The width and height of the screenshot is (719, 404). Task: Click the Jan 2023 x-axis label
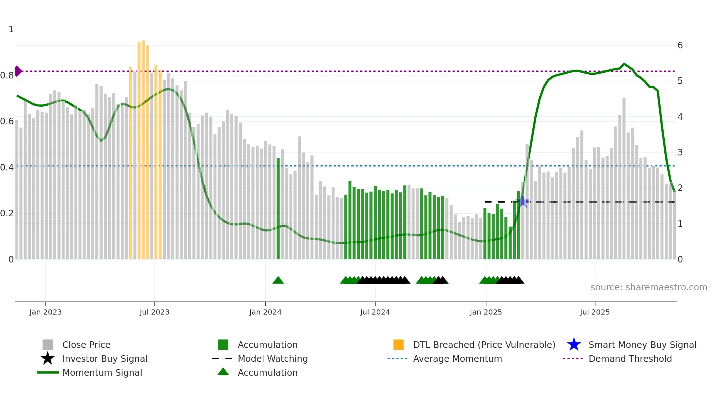[45, 312]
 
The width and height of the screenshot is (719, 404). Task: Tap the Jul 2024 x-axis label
[375, 312]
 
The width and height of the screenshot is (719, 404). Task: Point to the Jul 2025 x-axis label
[595, 312]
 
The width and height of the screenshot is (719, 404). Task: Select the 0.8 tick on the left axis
[7, 76]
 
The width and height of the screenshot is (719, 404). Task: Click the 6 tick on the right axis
[680, 45]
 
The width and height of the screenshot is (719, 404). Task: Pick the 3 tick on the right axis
[680, 153]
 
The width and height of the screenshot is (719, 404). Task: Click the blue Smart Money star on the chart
[523, 202]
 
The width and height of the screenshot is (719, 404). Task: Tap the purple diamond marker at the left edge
[18, 71]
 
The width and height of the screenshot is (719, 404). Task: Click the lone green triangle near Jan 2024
[278, 280]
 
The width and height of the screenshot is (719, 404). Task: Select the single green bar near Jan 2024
[278, 209]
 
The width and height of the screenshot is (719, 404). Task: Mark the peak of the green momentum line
[624, 64]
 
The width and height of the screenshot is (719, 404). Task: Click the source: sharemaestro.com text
[649, 287]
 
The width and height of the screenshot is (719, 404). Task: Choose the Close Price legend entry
[86, 345]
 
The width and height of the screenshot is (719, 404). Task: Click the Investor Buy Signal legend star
[48, 359]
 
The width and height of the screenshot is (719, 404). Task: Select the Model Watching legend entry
[272, 359]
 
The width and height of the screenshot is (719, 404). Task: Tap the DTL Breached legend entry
[483, 345]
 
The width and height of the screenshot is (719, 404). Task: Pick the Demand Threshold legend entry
[630, 359]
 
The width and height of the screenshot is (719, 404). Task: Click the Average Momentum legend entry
[457, 359]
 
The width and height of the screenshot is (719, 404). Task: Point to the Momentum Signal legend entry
[102, 372]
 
